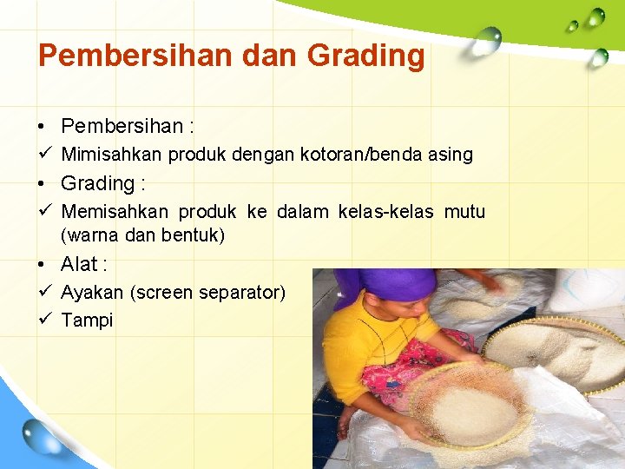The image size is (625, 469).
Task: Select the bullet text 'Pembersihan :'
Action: pos(127,127)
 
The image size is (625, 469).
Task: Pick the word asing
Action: pos(451,155)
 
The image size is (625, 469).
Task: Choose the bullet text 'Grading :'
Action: pos(102,183)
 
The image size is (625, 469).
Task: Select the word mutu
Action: pos(464,212)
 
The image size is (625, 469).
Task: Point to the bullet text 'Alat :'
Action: pos(83,264)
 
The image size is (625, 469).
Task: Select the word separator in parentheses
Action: pos(241,293)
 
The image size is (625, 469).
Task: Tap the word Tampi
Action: pos(87,320)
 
